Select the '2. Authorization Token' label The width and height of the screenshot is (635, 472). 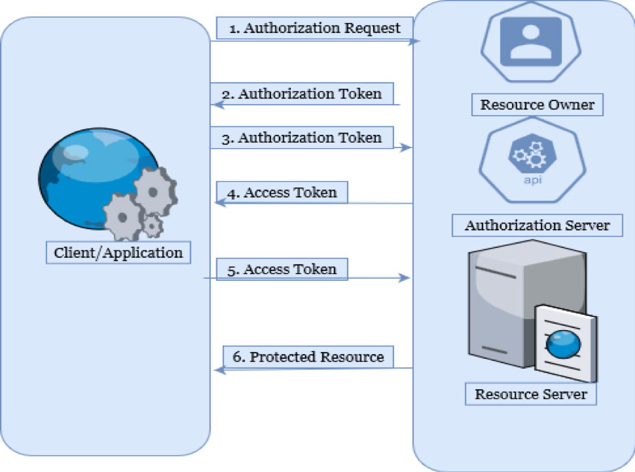pyautogui.click(x=302, y=94)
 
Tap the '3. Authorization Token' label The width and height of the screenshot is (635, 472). pyautogui.click(x=302, y=138)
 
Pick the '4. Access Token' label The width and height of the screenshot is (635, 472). pyautogui.click(x=281, y=192)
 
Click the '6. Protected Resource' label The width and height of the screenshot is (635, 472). pyautogui.click(x=308, y=357)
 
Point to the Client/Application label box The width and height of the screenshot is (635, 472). pyautogui.click(x=118, y=252)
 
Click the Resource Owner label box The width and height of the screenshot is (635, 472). pyautogui.click(x=537, y=105)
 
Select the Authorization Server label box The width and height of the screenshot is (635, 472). pyautogui.click(x=537, y=226)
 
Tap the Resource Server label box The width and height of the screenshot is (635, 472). pyautogui.click(x=530, y=394)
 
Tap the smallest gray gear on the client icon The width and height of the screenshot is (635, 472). pyautogui.click(x=152, y=226)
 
